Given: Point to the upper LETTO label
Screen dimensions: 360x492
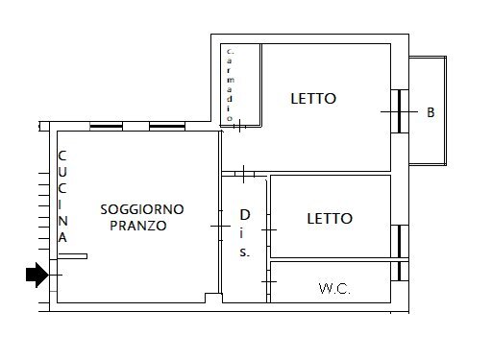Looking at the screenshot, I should (314, 98).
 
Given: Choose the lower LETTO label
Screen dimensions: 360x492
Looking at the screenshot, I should (330, 219).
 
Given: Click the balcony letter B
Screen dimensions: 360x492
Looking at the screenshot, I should (430, 112).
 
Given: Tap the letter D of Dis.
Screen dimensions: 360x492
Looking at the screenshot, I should (245, 215).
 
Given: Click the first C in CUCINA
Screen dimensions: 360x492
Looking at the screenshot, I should (61, 156).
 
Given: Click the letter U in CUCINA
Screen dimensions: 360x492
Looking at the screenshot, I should (61, 171).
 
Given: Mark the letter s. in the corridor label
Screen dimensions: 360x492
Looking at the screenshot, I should (245, 252).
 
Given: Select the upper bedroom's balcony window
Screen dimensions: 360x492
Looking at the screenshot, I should (398, 112).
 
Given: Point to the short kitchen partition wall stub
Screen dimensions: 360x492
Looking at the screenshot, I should (72, 256).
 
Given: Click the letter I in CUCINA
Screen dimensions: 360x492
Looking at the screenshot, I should (61, 204).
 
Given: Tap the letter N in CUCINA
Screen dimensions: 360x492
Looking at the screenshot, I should (61, 220).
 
